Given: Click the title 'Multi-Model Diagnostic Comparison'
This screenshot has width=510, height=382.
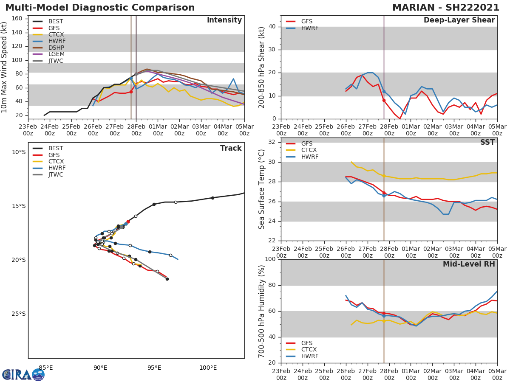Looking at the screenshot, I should tap(100, 8).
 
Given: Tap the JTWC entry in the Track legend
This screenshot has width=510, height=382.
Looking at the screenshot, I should tap(56, 174).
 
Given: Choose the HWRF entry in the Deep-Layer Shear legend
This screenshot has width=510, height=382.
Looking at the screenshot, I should tap(309, 28).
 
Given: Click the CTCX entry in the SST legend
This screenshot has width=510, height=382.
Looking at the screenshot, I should tap(309, 150).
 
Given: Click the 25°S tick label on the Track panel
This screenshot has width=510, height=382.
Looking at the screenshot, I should tap(18, 314).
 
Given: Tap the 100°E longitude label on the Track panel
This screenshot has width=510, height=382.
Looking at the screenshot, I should tap(208, 368).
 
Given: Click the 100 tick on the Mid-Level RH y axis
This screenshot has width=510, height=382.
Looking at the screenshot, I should tap(269, 259).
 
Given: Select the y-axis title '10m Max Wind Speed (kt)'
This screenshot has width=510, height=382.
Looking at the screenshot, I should tap(5, 67).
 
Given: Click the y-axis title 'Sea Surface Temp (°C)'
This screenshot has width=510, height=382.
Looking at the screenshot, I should tap(262, 189).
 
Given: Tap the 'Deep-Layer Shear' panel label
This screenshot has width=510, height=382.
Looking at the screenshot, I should tap(459, 20).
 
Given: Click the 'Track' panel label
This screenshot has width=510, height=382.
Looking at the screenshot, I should tap(230, 148).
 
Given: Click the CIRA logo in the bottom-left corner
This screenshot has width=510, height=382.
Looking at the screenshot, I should tap(23, 374).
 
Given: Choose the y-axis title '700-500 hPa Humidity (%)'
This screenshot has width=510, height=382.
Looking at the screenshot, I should tap(262, 311).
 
